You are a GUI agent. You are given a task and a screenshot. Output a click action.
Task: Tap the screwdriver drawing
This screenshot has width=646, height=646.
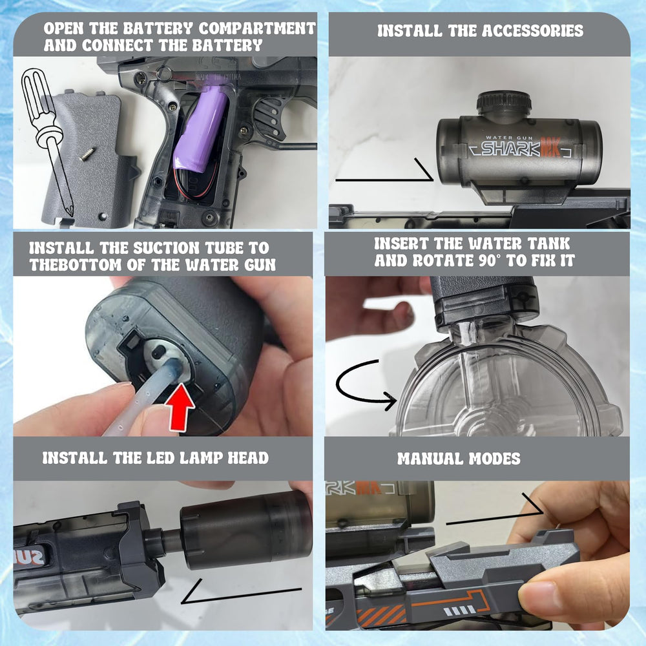(47, 140)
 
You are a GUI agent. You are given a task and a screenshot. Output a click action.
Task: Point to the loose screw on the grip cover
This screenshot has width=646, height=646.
(86, 154)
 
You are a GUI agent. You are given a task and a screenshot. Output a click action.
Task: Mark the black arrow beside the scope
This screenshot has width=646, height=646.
(384, 173)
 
